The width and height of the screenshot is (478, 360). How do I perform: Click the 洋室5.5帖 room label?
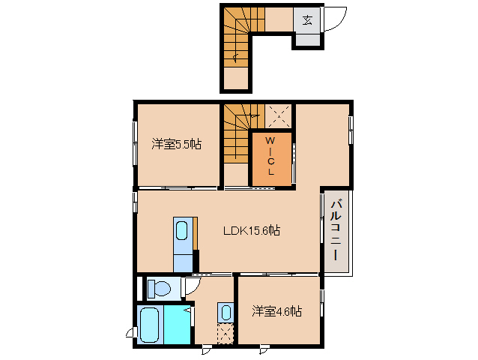[x=177, y=144]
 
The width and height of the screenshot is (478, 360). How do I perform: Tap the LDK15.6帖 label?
[x=252, y=230]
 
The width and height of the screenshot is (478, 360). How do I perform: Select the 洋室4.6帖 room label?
[x=277, y=311]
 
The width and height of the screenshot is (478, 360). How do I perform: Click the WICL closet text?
[x=270, y=156]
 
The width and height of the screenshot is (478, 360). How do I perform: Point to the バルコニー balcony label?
[x=336, y=230]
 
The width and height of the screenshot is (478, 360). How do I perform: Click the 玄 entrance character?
[x=307, y=20]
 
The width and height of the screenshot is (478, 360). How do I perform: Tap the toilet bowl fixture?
[x=159, y=289]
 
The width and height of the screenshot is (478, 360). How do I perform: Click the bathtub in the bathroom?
[x=150, y=325]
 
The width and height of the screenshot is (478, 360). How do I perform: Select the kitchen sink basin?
[x=181, y=231]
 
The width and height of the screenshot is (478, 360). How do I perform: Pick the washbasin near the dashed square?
[x=226, y=313]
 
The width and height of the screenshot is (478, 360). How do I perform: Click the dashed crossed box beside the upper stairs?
[x=278, y=116]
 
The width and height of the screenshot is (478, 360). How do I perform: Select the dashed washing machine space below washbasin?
[x=226, y=334]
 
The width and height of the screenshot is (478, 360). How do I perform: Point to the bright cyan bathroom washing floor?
[x=178, y=325]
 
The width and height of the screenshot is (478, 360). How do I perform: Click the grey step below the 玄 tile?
[x=308, y=40]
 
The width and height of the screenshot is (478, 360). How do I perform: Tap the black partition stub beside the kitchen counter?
[x=196, y=261]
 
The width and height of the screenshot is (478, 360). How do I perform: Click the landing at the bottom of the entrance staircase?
[x=236, y=79]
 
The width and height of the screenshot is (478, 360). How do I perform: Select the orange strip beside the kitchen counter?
[x=195, y=234]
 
